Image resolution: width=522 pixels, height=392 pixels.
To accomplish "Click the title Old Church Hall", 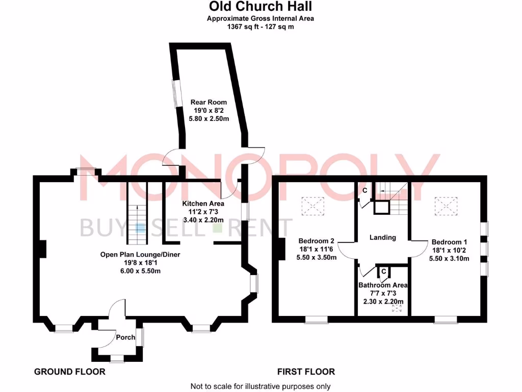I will pyautogui.click(x=260, y=7).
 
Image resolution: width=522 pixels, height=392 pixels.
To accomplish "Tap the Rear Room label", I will pyautogui.click(x=209, y=102).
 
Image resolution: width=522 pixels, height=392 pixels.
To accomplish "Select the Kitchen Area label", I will pyautogui.click(x=203, y=203).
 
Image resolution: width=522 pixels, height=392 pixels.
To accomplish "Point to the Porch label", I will pyautogui.click(x=125, y=337).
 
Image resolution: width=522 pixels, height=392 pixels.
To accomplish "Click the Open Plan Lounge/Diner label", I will pyautogui.click(x=140, y=254).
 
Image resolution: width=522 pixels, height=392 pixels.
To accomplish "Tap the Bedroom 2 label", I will pyautogui.click(x=317, y=241).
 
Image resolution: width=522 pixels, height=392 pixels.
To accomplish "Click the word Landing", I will pyautogui.click(x=383, y=237).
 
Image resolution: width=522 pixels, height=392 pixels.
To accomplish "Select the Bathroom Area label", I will pyautogui.click(x=383, y=285).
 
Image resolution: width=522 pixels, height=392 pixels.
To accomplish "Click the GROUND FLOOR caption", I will pyautogui.click(x=70, y=372).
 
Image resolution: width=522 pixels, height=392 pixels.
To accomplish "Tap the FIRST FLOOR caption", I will pyautogui.click(x=306, y=372).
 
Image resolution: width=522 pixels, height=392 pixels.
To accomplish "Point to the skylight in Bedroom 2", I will pyautogui.click(x=314, y=206).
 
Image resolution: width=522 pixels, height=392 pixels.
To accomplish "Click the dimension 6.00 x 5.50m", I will pyautogui.click(x=140, y=271).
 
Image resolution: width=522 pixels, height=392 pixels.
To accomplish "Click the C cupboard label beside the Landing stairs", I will pyautogui.click(x=365, y=190).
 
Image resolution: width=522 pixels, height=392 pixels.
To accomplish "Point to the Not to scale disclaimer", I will pyautogui.click(x=260, y=386).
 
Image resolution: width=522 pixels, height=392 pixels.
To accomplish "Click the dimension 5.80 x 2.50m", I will pyautogui.click(x=209, y=118).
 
